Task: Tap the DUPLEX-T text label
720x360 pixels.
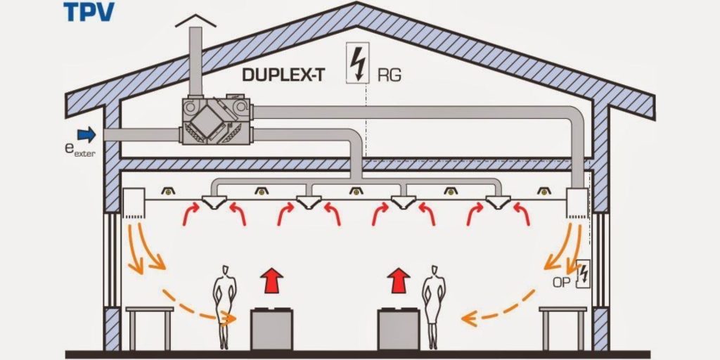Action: coord(283,75)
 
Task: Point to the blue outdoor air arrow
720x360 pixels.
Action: coord(86,134)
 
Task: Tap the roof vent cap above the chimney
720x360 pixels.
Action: coord(193,22)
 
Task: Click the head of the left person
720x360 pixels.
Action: coord(225,270)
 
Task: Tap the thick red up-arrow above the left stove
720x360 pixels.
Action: coord(269,279)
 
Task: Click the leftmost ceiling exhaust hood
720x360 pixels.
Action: coord(212,203)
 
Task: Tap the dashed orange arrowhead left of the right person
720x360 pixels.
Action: coord(467,320)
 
